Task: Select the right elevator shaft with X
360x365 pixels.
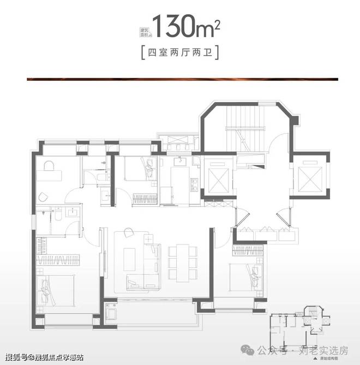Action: pyautogui.click(x=309, y=176)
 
